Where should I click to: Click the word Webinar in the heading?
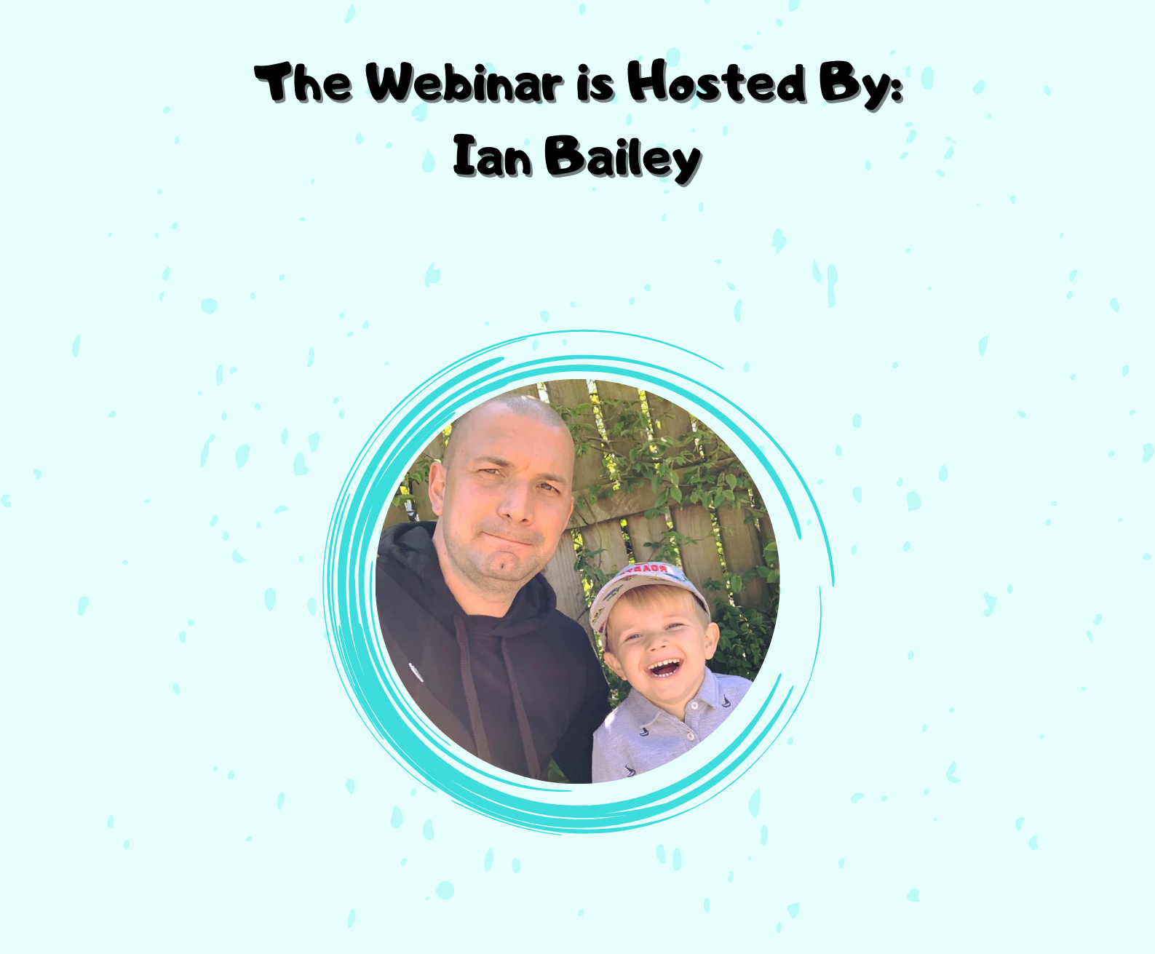click(x=464, y=83)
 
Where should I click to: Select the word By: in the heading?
click(x=861, y=86)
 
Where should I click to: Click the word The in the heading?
click(x=303, y=82)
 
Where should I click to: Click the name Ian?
click(x=492, y=157)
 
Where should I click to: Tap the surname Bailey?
click(x=623, y=159)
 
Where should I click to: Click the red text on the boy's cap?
click(x=648, y=568)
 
